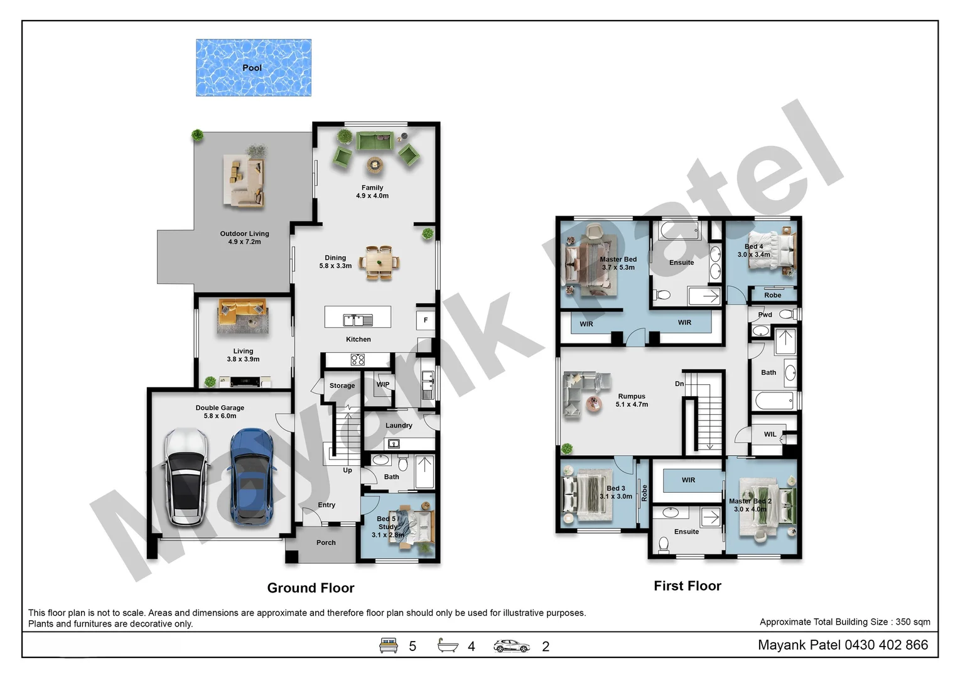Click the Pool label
pos(252,68)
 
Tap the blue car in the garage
pos(251,477)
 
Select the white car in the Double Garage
pos(185,477)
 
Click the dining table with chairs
pos(379,262)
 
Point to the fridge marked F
pos(425,320)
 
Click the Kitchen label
pos(358,339)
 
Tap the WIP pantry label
pos(383,385)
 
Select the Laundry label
pos(399,426)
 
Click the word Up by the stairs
pos(347,470)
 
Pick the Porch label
pos(326,542)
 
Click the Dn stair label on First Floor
pos(679,384)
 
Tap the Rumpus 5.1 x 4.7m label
pos(632,401)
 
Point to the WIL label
pos(770,434)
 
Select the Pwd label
pos(765,315)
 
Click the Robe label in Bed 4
pos(772,295)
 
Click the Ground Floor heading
pos(311,588)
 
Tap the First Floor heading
pos(688,586)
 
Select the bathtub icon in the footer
pos(448,645)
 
